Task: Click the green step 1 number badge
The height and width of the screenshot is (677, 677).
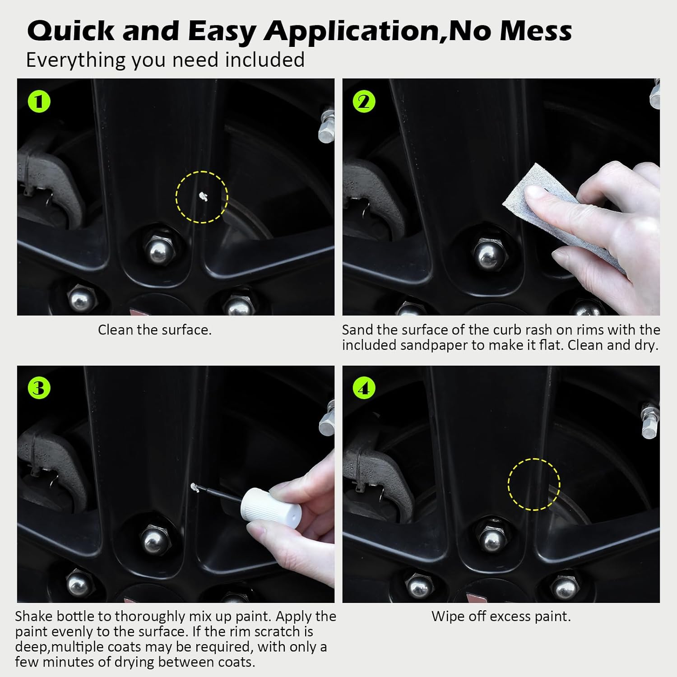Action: [x=39, y=102]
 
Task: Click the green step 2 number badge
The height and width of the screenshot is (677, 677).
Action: [x=364, y=102]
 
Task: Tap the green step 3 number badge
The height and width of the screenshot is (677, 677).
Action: [x=39, y=388]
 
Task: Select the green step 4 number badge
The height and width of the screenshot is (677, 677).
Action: [x=364, y=388]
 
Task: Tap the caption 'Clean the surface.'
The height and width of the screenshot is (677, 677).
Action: [x=155, y=330]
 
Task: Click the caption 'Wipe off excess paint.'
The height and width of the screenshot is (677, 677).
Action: [x=501, y=617]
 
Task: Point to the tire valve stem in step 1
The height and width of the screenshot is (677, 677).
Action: [x=326, y=126]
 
